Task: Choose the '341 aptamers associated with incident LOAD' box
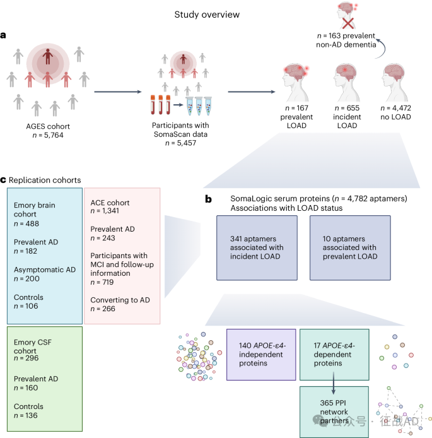[x=257, y=247]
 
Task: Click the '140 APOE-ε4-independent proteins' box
[x=260, y=355]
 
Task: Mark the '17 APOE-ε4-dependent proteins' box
[x=335, y=355]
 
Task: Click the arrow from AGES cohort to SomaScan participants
[x=117, y=92]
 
